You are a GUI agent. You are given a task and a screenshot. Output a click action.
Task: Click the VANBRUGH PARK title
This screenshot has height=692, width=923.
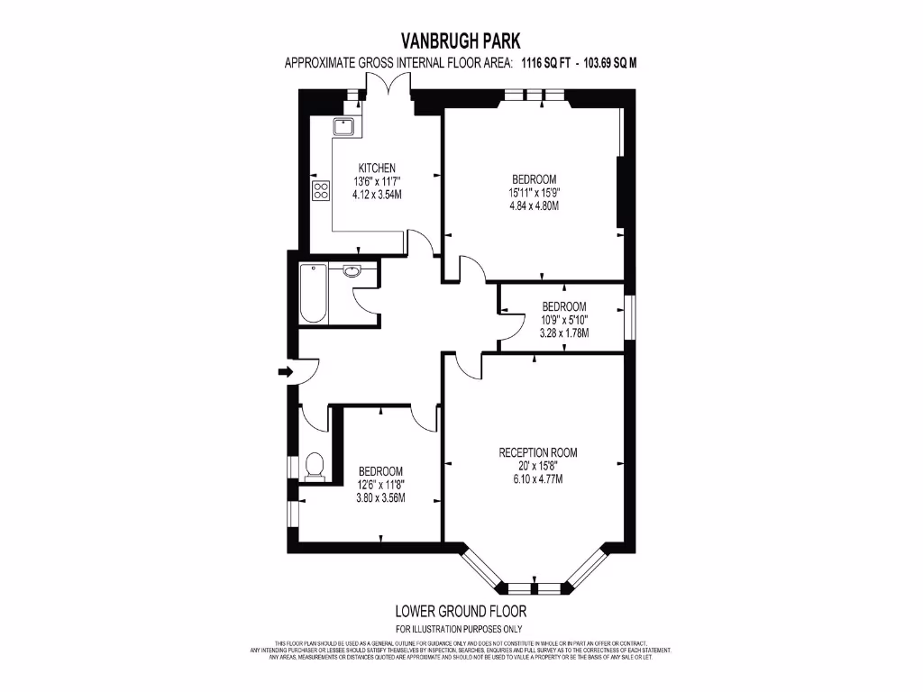tap(461, 40)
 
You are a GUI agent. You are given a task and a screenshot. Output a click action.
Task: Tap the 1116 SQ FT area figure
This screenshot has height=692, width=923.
tap(551, 63)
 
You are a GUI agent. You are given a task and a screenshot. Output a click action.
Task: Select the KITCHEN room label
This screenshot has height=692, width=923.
tap(377, 168)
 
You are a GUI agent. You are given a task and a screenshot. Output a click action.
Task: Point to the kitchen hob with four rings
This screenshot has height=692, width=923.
tap(321, 190)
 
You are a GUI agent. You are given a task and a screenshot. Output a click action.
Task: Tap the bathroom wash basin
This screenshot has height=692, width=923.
tap(352, 270)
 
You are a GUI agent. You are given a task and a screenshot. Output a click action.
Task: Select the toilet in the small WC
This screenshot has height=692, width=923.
tap(314, 466)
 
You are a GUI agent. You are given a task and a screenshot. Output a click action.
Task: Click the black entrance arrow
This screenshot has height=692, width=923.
tap(286, 371)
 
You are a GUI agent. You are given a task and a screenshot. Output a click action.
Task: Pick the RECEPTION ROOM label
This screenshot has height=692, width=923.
tap(538, 452)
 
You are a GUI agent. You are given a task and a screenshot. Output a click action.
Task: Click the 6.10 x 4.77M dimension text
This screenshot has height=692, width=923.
tap(538, 479)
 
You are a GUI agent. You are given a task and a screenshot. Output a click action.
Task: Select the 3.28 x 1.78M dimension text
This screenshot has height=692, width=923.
tap(563, 332)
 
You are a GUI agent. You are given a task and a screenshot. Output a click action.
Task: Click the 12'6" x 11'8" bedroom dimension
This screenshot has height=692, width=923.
tap(380, 485)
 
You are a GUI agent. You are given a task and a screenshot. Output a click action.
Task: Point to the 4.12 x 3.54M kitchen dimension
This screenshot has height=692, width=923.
tap(377, 195)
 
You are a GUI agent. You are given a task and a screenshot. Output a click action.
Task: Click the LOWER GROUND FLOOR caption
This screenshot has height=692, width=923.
tap(460, 610)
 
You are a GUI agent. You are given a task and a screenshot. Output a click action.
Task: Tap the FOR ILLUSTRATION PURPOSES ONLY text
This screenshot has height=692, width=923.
tap(460, 629)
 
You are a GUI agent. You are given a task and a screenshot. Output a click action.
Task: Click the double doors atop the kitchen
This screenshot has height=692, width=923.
tap(388, 86)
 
